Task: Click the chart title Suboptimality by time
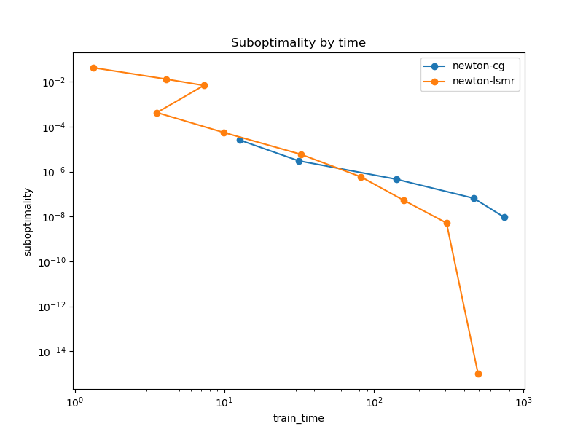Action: [298, 43]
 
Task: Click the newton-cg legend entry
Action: [478, 66]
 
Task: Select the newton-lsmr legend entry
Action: [483, 81]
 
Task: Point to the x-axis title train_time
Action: [298, 418]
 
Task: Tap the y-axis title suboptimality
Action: [28, 221]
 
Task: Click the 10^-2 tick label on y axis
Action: [55, 82]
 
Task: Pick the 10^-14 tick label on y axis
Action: [53, 352]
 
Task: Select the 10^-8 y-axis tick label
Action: [55, 217]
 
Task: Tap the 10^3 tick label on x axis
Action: [523, 402]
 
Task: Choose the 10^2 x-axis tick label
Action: [374, 402]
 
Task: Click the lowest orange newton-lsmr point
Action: [478, 374]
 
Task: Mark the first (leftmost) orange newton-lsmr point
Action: [93, 68]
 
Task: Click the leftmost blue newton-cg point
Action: [240, 140]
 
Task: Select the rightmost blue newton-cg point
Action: [504, 217]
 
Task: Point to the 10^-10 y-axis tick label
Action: [53, 262]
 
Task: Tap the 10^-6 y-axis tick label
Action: [55, 173]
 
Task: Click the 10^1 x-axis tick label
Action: [224, 402]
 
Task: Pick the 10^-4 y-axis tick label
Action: [55, 127]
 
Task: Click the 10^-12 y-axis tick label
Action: [53, 307]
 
